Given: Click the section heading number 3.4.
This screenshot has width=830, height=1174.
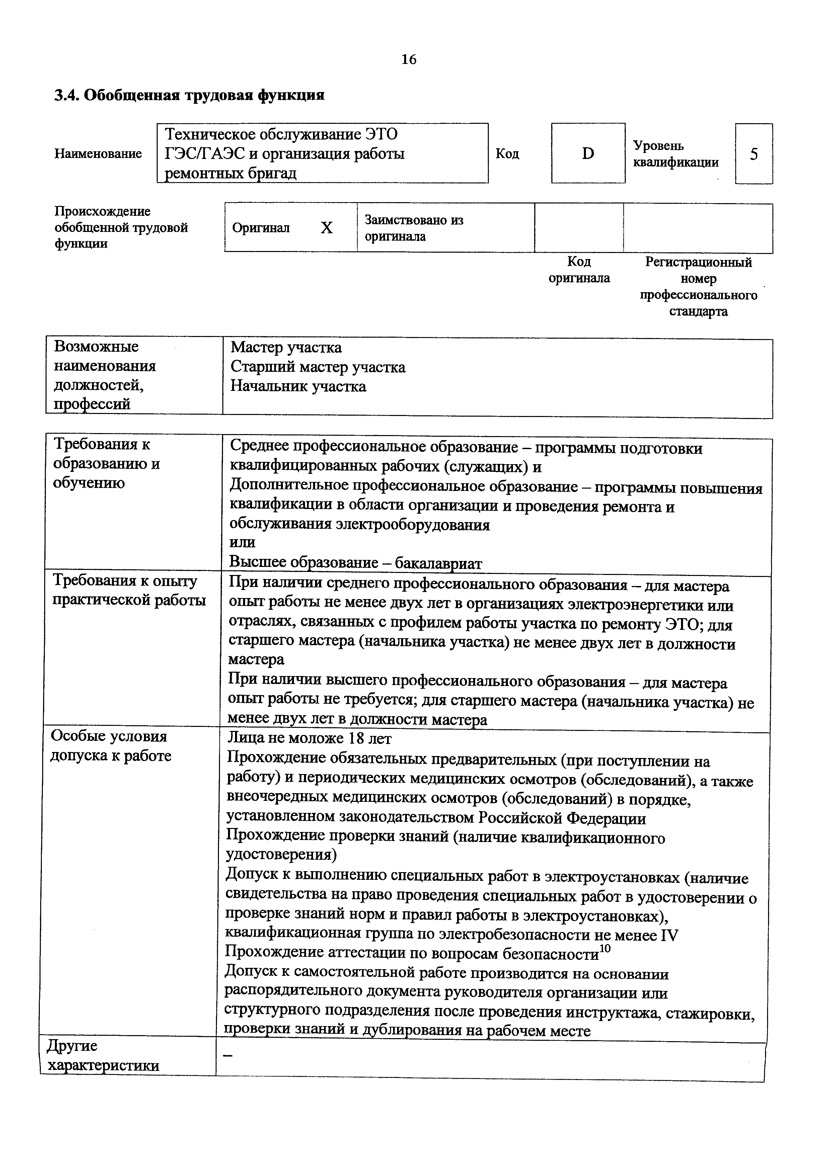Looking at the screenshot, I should (x=66, y=96).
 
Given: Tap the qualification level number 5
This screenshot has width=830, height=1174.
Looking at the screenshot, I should (x=754, y=154).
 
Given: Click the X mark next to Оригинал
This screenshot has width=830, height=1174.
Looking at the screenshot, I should (x=326, y=228).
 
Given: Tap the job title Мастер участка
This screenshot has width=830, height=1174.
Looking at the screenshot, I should (x=286, y=348).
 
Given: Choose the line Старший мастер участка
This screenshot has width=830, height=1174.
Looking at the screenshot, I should (x=318, y=367).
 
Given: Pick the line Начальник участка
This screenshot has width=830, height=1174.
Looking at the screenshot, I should (x=298, y=386).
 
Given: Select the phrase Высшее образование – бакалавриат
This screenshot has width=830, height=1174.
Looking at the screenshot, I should (x=356, y=563).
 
